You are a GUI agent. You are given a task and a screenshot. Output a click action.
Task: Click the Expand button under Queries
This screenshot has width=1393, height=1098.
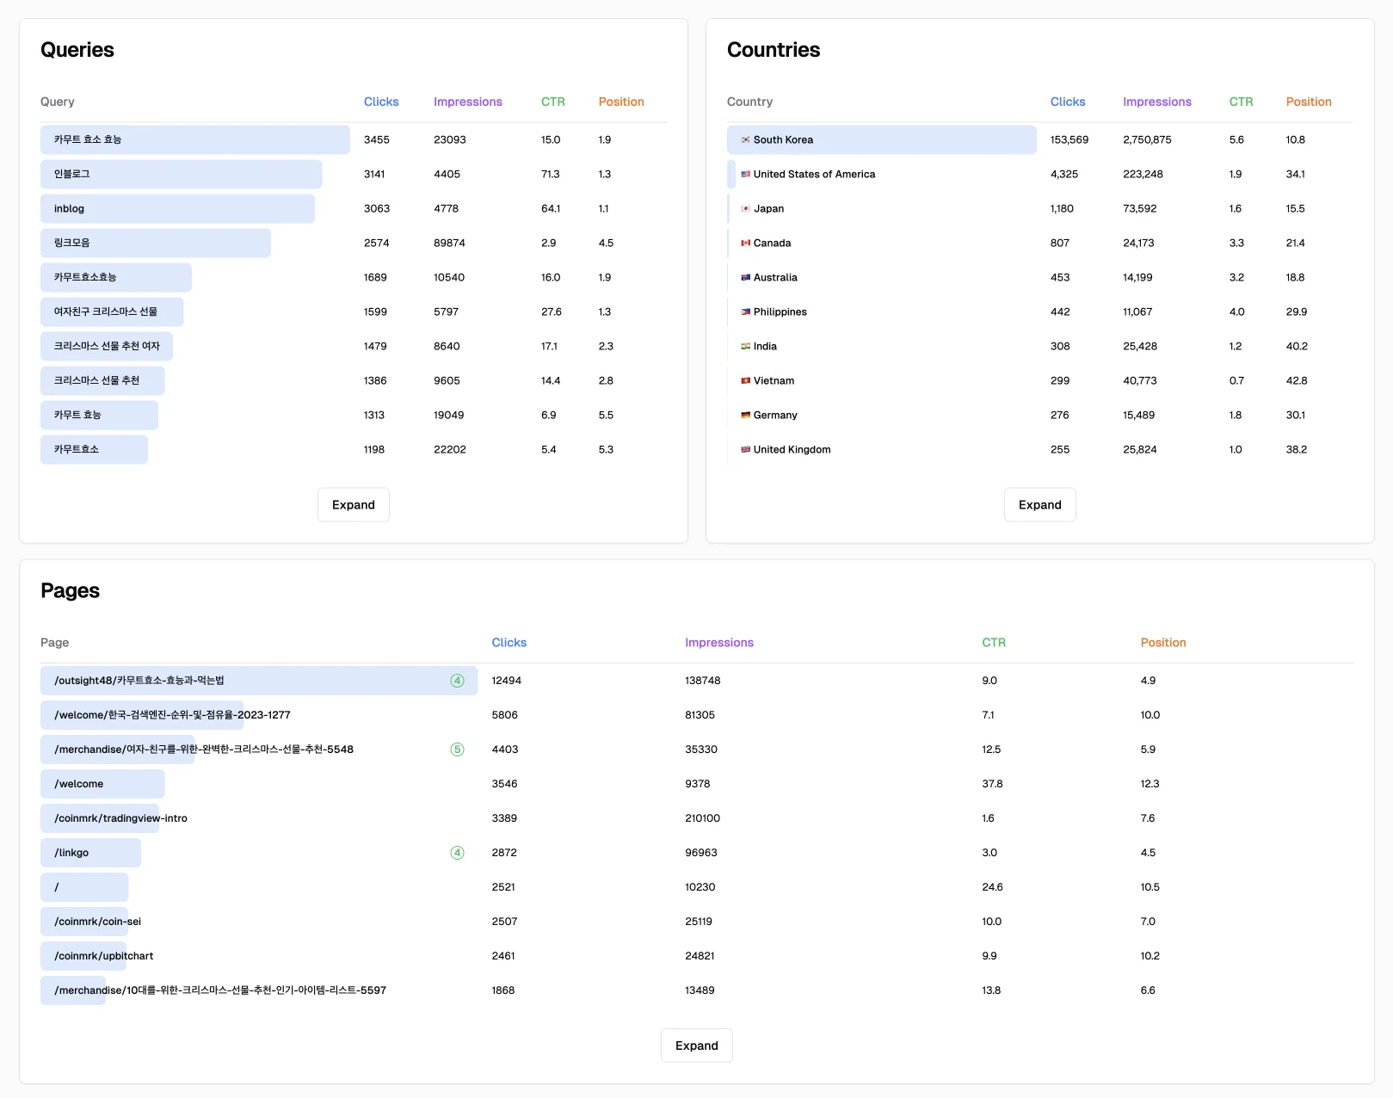[353, 505]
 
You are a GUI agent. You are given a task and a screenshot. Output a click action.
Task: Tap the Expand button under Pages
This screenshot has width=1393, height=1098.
[696, 1046]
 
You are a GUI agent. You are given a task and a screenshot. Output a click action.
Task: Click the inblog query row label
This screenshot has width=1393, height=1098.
[69, 209]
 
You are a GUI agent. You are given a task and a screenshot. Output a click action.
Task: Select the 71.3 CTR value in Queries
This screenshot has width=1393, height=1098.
[550, 175]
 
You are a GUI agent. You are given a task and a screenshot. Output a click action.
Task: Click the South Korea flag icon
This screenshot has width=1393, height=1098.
[745, 140]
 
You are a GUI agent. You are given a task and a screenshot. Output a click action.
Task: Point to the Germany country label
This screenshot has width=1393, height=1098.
[774, 416]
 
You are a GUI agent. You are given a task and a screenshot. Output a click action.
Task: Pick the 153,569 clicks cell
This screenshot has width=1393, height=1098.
[1069, 140]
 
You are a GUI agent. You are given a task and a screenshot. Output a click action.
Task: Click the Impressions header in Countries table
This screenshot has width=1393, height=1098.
[1156, 102]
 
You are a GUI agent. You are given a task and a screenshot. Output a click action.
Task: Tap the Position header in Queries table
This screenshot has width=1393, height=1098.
[620, 102]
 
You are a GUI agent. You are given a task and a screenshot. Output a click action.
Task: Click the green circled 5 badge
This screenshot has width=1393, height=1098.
[457, 749]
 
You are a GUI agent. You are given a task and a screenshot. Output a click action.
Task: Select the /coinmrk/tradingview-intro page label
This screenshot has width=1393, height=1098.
[120, 818]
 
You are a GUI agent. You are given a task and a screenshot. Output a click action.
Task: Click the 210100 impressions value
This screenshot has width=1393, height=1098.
[702, 818]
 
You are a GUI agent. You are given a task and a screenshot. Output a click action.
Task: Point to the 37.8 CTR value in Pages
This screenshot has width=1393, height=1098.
[991, 784]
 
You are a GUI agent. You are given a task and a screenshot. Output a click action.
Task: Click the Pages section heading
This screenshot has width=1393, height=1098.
[70, 591]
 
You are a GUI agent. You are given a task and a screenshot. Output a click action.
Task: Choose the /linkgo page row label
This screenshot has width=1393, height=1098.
[71, 853]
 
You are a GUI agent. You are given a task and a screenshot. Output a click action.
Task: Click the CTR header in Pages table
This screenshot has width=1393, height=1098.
[993, 643]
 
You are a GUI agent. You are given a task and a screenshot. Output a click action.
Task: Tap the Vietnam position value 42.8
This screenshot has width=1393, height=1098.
[1296, 381]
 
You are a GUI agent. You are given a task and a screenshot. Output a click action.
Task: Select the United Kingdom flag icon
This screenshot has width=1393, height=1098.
[745, 450]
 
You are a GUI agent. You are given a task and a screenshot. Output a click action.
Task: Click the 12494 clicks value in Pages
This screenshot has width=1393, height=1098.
[506, 681]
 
